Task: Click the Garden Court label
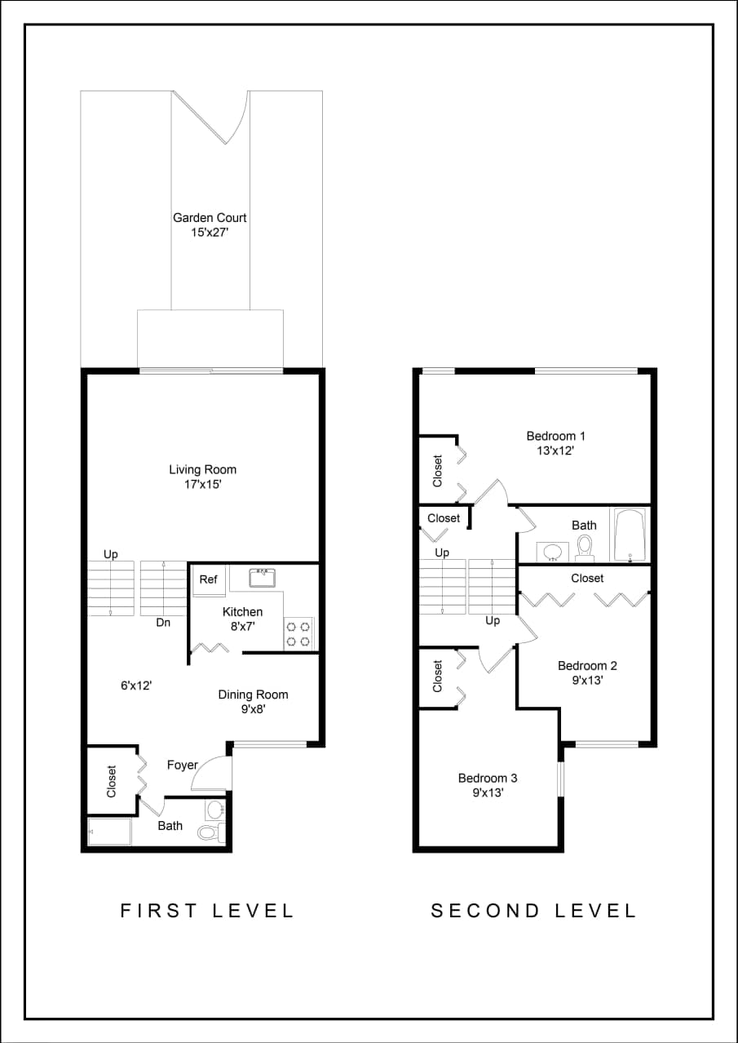[x=210, y=224]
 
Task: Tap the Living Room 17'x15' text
[x=203, y=477]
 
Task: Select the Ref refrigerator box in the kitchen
[x=209, y=580]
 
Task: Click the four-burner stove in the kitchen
[x=298, y=634]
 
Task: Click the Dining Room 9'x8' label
[x=253, y=702]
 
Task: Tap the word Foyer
[x=183, y=765]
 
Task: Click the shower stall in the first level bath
[x=109, y=832]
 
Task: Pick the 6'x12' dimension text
[x=137, y=686]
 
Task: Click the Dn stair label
[x=163, y=623]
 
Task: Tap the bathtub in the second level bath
[x=630, y=535]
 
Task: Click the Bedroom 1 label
[x=556, y=443]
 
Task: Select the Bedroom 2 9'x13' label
[x=582, y=672]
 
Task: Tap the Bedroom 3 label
[x=488, y=784]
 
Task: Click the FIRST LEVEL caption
[x=207, y=911]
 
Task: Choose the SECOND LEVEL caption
[x=533, y=911]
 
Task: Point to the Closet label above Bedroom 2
[x=587, y=578]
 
